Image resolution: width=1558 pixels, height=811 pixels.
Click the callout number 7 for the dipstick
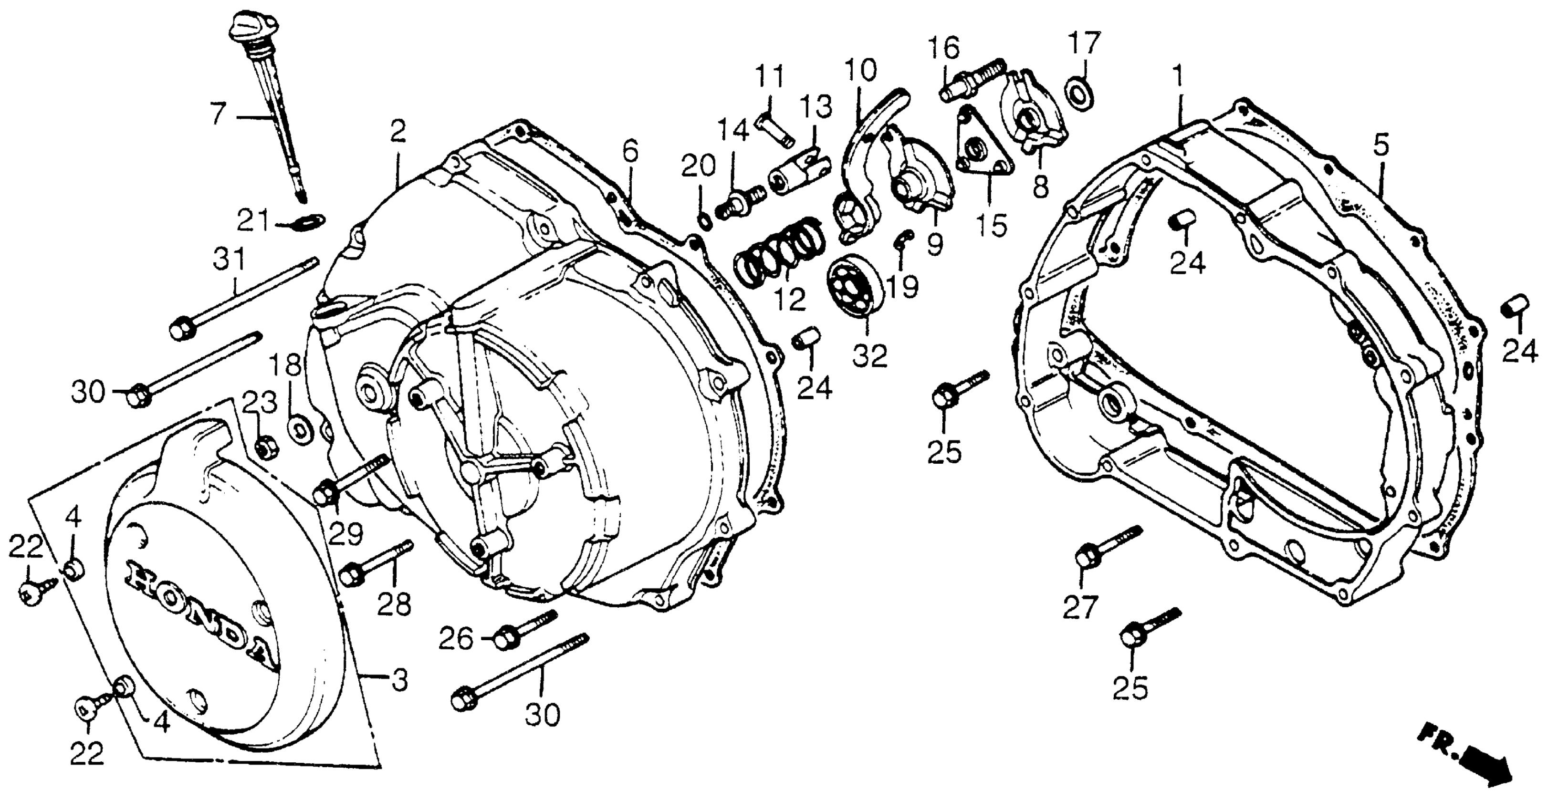pyautogui.click(x=217, y=113)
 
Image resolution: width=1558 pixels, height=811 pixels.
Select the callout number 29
pyautogui.click(x=346, y=533)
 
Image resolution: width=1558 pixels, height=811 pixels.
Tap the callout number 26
pyautogui.click(x=455, y=639)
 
